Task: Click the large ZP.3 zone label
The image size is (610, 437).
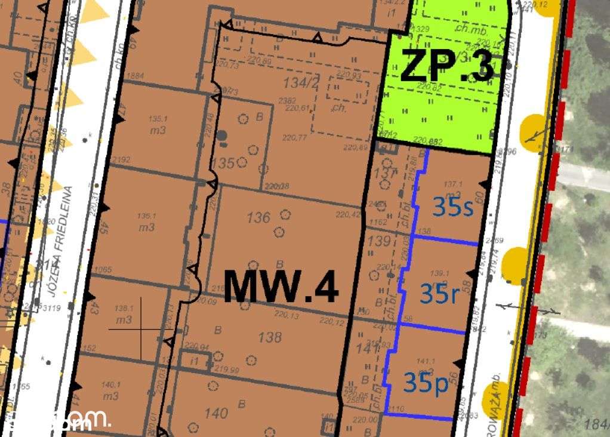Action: click(446, 66)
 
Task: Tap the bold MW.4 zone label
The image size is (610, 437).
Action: click(281, 287)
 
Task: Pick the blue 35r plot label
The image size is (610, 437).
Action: click(440, 294)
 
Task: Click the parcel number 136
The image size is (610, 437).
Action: click(258, 218)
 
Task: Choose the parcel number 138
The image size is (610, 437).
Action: click(269, 337)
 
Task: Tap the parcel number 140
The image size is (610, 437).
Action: click(215, 413)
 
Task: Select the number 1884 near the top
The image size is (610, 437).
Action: click(136, 76)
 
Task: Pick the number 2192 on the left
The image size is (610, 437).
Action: click(121, 159)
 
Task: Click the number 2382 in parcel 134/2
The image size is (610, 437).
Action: click(287, 100)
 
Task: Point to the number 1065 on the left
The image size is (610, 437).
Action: click(103, 269)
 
